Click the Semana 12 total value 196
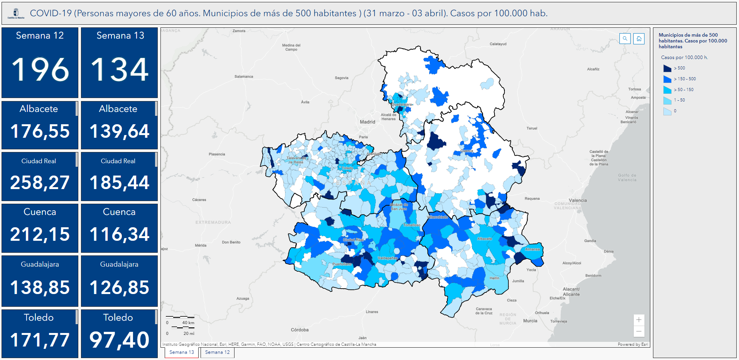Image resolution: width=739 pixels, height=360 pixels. click(40, 70)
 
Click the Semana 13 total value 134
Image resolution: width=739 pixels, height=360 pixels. click(120, 70)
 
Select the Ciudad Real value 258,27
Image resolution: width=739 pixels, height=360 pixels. click(40, 183)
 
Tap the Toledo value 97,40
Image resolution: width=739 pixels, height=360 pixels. click(119, 340)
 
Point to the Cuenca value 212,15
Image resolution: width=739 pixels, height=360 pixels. click(40, 234)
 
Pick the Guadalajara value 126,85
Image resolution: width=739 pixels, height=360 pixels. click(119, 287)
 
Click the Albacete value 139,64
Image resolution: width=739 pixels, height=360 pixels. click(119, 131)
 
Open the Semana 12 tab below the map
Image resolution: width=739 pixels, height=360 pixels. click(217, 352)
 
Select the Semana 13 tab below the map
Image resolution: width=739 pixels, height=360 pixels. click(182, 352)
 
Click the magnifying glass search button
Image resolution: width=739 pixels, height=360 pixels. click(625, 39)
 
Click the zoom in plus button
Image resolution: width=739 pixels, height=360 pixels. click(639, 320)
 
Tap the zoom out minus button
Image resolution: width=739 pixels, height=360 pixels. click(639, 331)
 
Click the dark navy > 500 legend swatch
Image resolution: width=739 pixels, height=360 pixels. click(667, 68)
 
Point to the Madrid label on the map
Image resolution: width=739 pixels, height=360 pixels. click(367, 122)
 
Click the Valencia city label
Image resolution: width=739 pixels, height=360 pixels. click(577, 200)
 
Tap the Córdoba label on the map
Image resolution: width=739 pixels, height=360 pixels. click(299, 330)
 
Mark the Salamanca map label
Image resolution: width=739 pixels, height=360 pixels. click(244, 76)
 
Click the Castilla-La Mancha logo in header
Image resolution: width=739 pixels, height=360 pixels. click(16, 14)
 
